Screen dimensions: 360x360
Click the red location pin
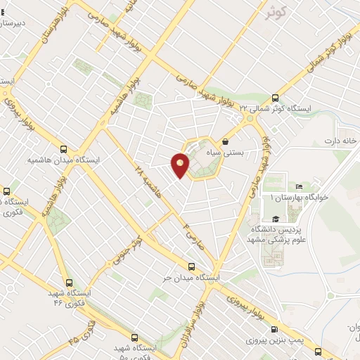(x=181, y=165)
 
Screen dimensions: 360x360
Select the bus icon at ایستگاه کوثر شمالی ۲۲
(x=275, y=98)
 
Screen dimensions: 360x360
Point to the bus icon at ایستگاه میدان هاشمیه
(x=64, y=149)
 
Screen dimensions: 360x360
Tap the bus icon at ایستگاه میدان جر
(x=192, y=266)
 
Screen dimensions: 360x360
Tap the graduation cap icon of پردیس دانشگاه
(x=275, y=219)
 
